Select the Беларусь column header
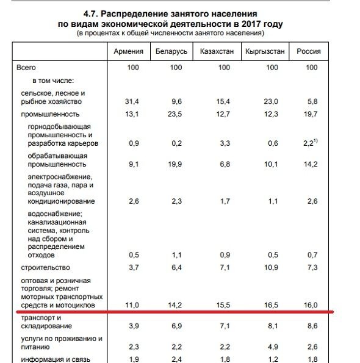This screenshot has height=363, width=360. pos(172,51)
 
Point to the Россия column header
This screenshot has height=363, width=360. pos(309,51)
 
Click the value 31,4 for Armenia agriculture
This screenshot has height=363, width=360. pos(132,101)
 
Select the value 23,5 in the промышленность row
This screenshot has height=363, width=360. pos(176,114)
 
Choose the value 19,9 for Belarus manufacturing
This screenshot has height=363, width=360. pos(176,164)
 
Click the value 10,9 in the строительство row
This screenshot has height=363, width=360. pos(272,267)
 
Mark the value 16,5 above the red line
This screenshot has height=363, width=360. pos(272,303)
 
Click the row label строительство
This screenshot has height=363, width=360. pos(45,267)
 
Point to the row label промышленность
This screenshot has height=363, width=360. pos(50,114)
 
